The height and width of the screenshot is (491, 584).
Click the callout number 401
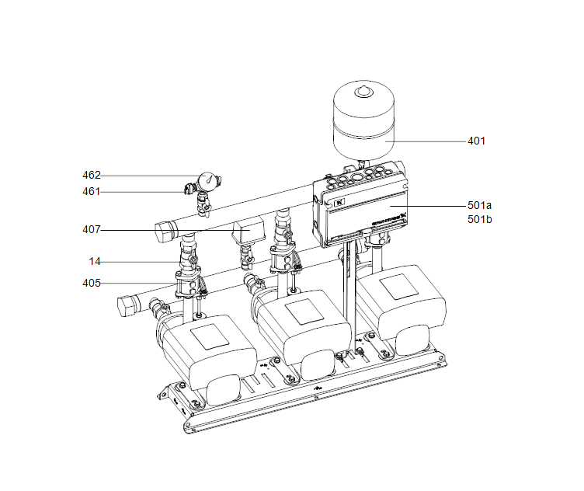[476, 141]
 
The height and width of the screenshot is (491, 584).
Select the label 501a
[479, 206]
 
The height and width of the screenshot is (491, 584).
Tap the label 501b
[479, 220]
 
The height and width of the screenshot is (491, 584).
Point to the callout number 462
[92, 176]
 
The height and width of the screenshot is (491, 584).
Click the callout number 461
[92, 191]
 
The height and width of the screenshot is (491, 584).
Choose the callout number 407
[92, 230]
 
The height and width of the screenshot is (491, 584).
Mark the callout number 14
[96, 261]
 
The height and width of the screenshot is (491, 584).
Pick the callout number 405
[92, 283]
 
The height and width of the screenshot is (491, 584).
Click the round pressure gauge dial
[207, 181]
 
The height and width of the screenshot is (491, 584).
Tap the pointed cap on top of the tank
[364, 92]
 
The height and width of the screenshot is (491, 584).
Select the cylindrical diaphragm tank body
[364, 128]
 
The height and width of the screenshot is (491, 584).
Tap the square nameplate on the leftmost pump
[207, 337]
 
